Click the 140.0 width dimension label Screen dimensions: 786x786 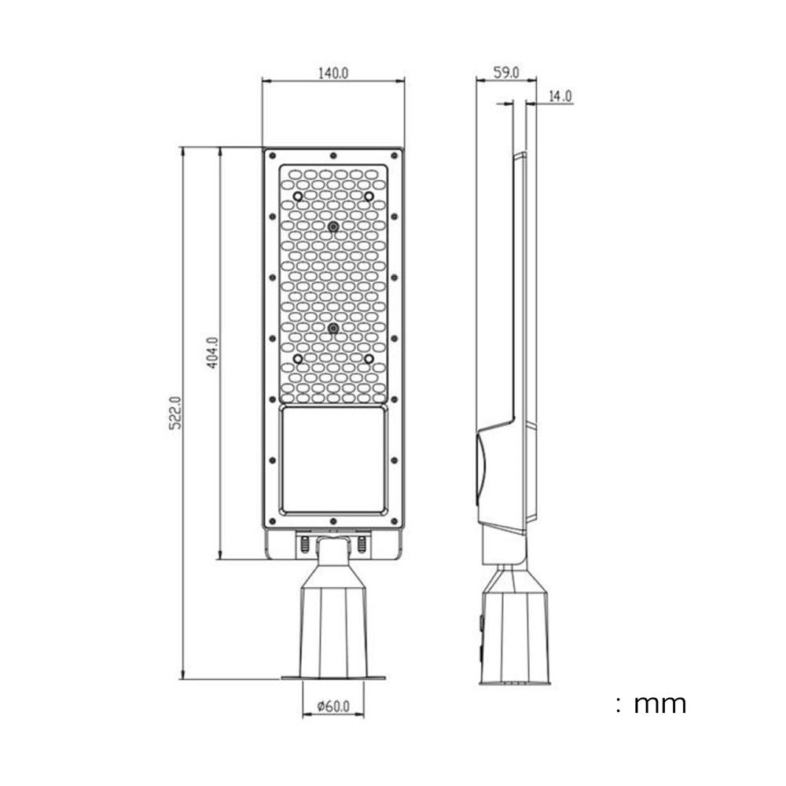pos(333,73)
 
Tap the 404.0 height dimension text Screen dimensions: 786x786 pos(213,353)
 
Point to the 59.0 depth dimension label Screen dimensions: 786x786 pos(506,73)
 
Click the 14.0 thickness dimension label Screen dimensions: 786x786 pos(560,97)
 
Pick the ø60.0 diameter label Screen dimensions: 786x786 pos(333,707)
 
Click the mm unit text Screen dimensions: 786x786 pos(660,703)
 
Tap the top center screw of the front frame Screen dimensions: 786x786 pos(333,156)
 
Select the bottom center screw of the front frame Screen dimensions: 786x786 pos(333,521)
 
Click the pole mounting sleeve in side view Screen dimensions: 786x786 pos(514,629)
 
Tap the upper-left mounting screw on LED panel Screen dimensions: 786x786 pos(299,195)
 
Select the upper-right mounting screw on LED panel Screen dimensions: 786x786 pos(368,195)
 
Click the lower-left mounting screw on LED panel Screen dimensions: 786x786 pos(299,358)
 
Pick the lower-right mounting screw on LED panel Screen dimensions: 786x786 pos(368,358)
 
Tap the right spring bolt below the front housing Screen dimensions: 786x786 pos(362,543)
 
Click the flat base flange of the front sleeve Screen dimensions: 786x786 pos(333,678)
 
